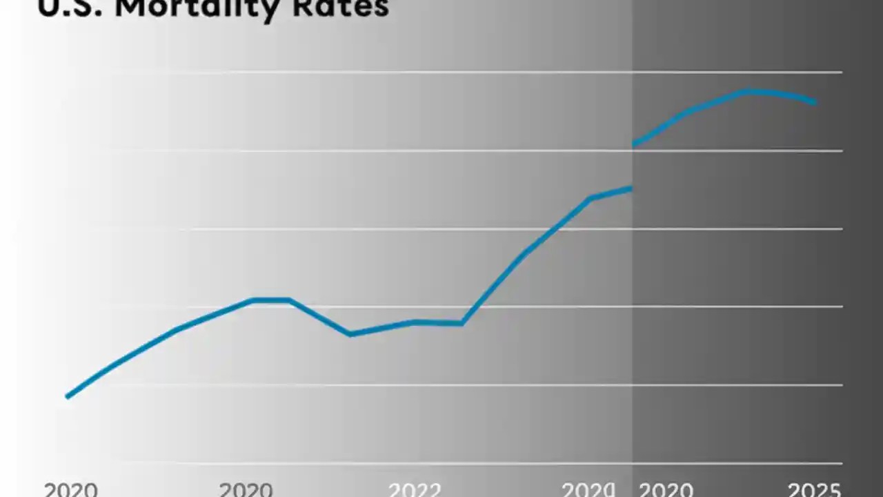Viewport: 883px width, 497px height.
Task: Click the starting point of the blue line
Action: pos(67,396)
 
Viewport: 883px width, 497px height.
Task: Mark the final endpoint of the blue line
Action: pos(815,102)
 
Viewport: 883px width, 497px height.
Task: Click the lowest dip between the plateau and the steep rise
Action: pos(350,334)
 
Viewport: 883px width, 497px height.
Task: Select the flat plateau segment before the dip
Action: pos(270,300)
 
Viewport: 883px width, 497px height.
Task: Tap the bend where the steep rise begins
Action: pos(462,322)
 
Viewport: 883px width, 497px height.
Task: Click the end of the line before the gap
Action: pos(630,188)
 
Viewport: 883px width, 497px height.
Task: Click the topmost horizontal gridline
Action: pos(476,72)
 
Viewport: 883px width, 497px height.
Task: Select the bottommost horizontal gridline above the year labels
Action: pos(476,462)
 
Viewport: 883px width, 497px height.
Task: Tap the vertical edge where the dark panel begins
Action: pos(633,276)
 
